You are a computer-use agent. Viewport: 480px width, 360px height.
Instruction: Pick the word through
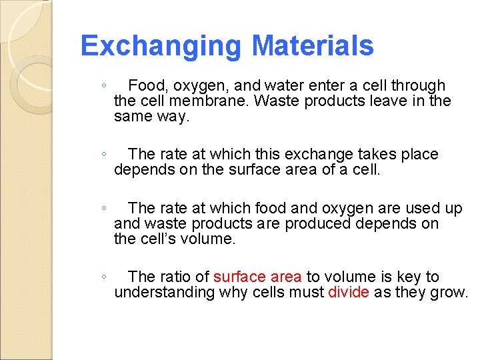[418, 85]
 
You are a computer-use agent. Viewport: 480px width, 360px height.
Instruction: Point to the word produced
[318, 223]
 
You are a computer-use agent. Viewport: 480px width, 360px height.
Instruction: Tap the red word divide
[349, 292]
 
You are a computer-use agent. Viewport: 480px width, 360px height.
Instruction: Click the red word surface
[238, 277]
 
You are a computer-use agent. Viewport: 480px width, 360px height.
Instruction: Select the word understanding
[165, 292]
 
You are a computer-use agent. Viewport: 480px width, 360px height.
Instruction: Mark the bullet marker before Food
[103, 86]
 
